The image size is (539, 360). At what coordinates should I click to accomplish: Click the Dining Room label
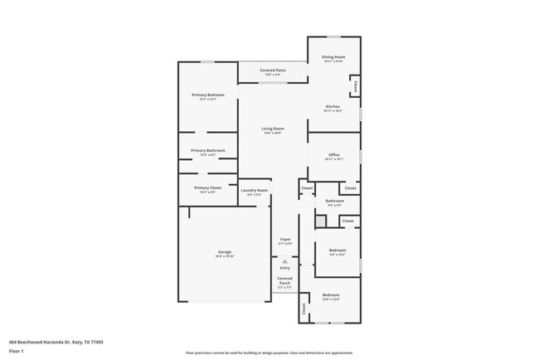pyautogui.click(x=333, y=56)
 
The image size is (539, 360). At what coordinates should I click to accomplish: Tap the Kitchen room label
pyautogui.click(x=333, y=106)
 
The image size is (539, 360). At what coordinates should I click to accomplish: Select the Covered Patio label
pyautogui.click(x=273, y=71)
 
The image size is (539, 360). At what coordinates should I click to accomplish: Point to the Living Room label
pyautogui.click(x=273, y=129)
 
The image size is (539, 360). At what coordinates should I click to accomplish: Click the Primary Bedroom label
pyautogui.click(x=208, y=95)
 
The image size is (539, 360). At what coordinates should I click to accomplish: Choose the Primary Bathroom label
pyautogui.click(x=207, y=150)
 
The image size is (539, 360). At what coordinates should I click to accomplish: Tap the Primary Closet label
pyautogui.click(x=207, y=187)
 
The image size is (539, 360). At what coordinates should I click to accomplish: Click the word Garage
pyautogui.click(x=225, y=251)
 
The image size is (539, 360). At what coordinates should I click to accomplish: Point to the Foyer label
pyautogui.click(x=285, y=239)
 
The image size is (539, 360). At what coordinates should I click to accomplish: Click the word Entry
pyautogui.click(x=285, y=268)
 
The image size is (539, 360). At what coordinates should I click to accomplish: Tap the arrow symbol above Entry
pyautogui.click(x=285, y=260)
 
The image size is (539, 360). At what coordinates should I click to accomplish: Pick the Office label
pyautogui.click(x=334, y=154)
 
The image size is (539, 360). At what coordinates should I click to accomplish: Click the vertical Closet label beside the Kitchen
pyautogui.click(x=355, y=85)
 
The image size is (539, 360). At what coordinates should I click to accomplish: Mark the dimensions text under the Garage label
pyautogui.click(x=225, y=256)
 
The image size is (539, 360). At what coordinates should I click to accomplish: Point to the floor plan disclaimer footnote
pyautogui.click(x=269, y=353)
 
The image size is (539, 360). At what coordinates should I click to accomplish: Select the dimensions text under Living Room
pyautogui.click(x=273, y=134)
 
